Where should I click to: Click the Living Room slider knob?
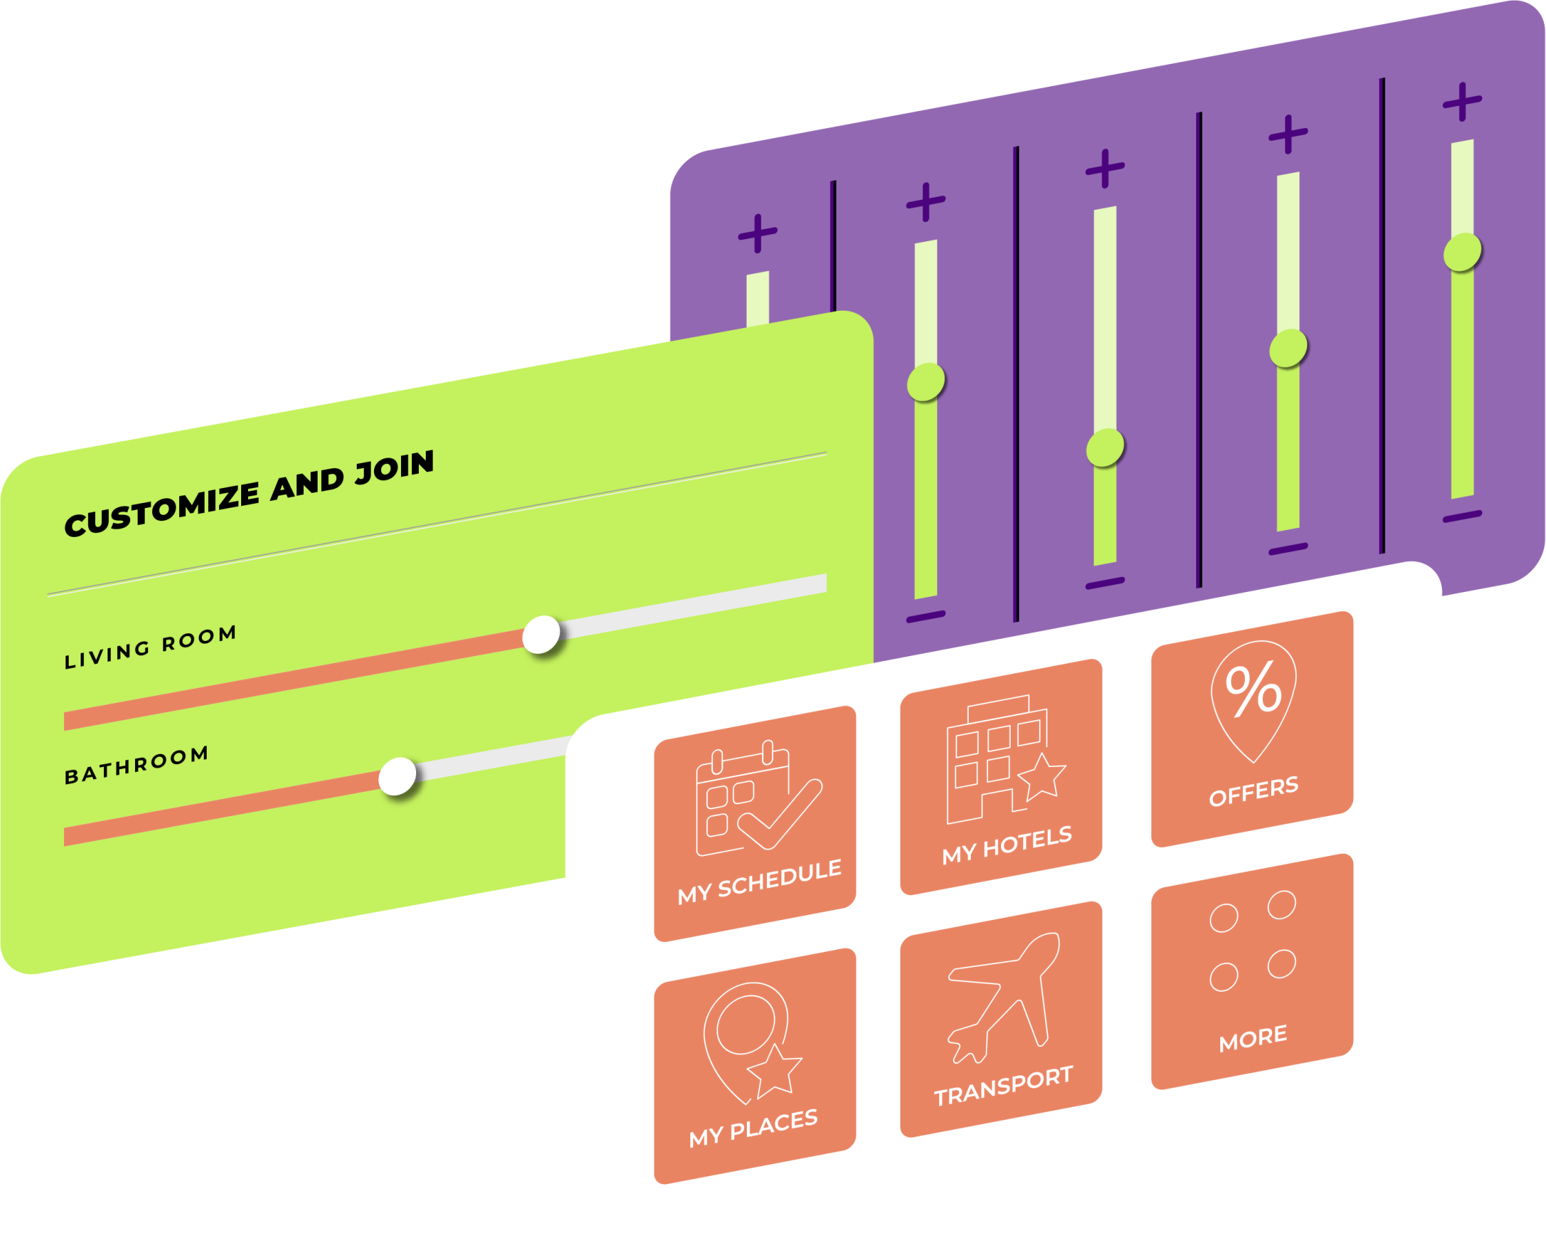point(542,634)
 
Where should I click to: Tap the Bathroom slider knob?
point(398,776)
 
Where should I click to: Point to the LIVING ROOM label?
point(151,647)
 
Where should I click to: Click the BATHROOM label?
point(136,766)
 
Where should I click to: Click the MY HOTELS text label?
point(1007,846)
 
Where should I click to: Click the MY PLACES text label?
point(754,1127)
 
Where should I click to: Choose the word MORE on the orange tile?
point(1253,1038)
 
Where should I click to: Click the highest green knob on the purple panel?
point(1462,252)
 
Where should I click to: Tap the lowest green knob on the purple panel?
point(1105,448)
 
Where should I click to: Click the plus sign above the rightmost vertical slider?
point(1462,103)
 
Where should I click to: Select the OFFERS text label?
point(1253,790)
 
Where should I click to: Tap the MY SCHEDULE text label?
point(759,881)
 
